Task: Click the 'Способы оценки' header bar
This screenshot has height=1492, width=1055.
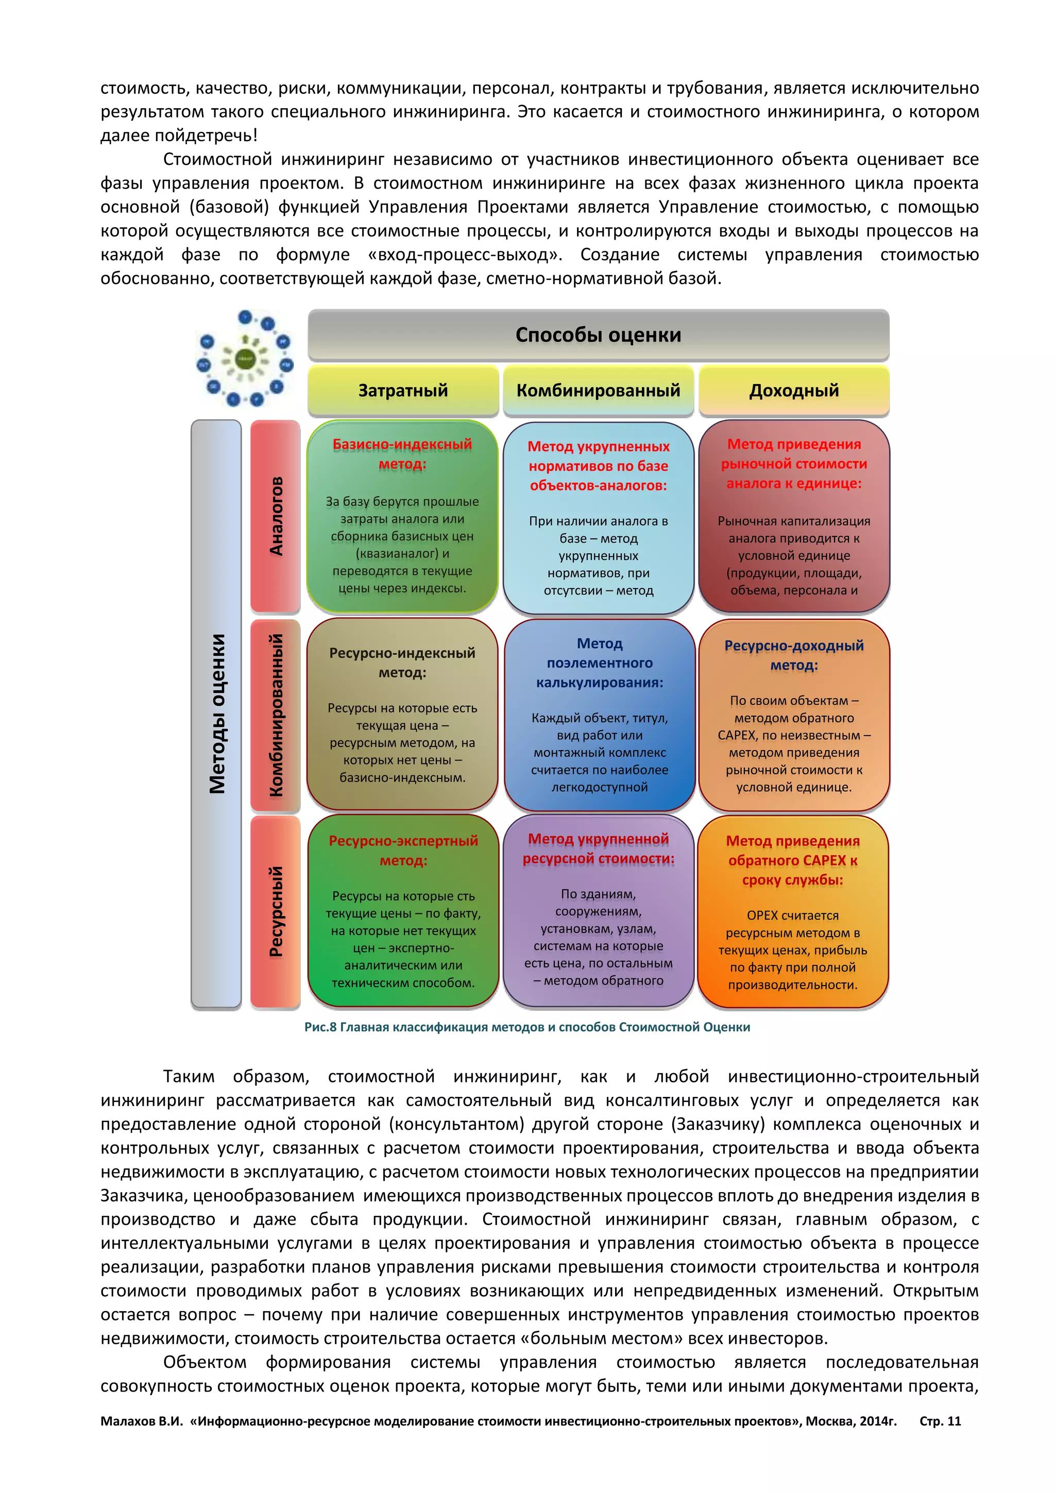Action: click(598, 335)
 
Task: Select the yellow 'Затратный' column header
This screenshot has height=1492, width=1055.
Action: click(403, 390)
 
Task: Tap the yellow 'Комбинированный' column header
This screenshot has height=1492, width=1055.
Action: click(598, 390)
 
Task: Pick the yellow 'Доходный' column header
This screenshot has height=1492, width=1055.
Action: click(794, 390)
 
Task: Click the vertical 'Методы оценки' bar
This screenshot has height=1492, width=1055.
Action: click(216, 714)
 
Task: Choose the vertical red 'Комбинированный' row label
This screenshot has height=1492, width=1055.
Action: click(276, 715)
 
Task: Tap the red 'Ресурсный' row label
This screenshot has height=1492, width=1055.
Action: click(276, 911)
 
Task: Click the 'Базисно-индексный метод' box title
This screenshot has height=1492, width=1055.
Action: click(402, 453)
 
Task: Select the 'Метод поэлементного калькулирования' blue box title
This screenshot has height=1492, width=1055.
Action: click(600, 663)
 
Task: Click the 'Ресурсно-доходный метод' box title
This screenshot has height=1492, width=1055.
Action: click(794, 655)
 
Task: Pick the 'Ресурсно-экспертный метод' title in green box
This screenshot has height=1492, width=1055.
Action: click(403, 850)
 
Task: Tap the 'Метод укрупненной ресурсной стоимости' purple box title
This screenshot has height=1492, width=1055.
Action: click(598, 849)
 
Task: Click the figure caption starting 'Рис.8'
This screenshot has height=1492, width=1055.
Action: click(527, 1027)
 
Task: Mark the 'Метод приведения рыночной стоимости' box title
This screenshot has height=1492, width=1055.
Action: click(794, 463)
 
